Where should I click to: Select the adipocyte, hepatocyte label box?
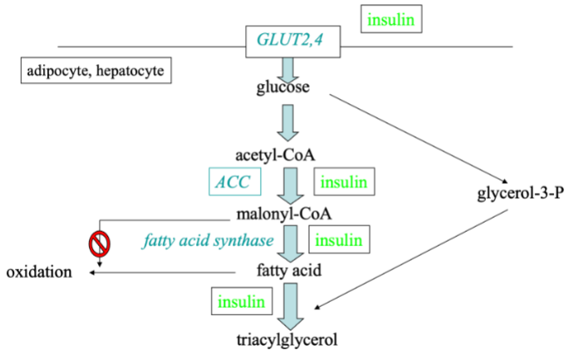(96, 72)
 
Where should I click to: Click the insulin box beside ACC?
(343, 182)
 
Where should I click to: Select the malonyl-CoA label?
(284, 214)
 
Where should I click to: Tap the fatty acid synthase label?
(208, 241)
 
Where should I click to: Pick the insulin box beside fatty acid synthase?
(339, 240)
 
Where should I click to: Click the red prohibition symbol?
(100, 244)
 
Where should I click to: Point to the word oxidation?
(39, 272)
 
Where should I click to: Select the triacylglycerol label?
(287, 340)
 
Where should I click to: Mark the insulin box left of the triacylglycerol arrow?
(241, 301)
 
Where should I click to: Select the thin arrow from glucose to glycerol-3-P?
(420, 138)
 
